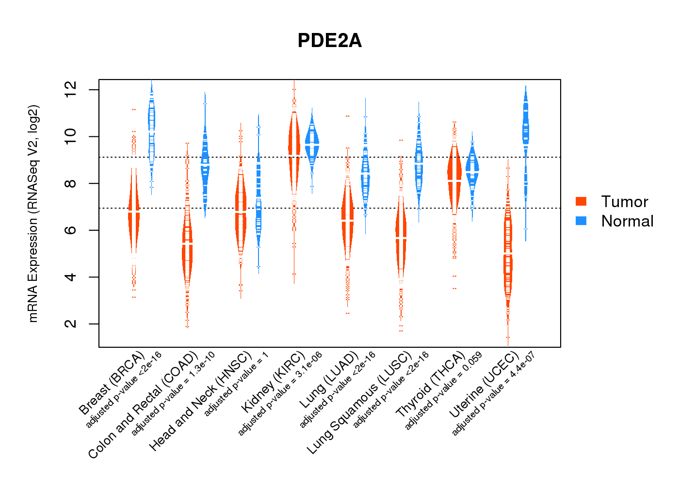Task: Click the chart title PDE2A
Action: click(x=330, y=41)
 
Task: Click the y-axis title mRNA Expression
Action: click(x=33, y=213)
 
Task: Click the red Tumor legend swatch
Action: click(x=581, y=201)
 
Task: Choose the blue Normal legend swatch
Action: click(x=581, y=221)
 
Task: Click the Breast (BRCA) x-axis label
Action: click(x=112, y=383)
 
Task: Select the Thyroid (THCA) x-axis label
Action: click(x=431, y=385)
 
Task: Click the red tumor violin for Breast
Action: click(x=134, y=213)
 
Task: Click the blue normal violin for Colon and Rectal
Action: click(x=205, y=165)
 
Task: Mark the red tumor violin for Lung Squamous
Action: click(x=401, y=238)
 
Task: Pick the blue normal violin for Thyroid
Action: click(x=472, y=170)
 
